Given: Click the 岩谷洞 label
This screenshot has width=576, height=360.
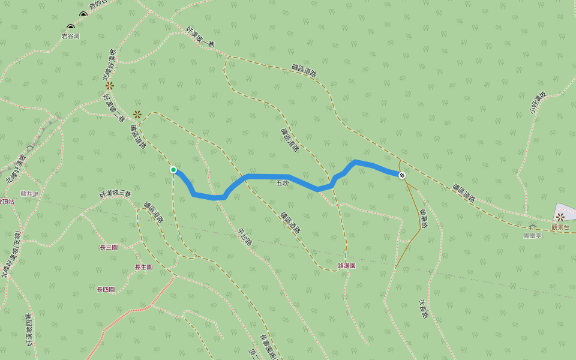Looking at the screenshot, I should click(70, 36).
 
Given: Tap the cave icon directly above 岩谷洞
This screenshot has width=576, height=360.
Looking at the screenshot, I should click(71, 27).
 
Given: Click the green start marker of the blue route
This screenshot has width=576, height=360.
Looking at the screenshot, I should click(173, 170).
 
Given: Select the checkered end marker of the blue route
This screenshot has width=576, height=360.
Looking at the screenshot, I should click(402, 175).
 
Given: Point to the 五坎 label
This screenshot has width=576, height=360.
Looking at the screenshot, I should click(283, 183).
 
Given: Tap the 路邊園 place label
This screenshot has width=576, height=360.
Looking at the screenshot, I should click(347, 265).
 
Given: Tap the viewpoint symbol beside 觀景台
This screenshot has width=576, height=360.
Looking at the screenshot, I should click(560, 217).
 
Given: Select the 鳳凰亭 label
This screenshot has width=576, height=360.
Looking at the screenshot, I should click(532, 236).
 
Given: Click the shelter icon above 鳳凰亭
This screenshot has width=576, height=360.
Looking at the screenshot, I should click(532, 227).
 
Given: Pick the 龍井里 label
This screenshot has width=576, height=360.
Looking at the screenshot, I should click(29, 194).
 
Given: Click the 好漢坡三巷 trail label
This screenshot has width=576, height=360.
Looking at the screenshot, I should click(115, 194).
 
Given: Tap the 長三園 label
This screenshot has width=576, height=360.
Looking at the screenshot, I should click(109, 247).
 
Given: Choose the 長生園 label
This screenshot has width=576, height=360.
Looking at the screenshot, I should click(143, 267).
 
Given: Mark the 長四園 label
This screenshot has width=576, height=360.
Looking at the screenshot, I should click(106, 289).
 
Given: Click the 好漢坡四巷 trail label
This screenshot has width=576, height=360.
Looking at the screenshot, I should click(29, 330).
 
